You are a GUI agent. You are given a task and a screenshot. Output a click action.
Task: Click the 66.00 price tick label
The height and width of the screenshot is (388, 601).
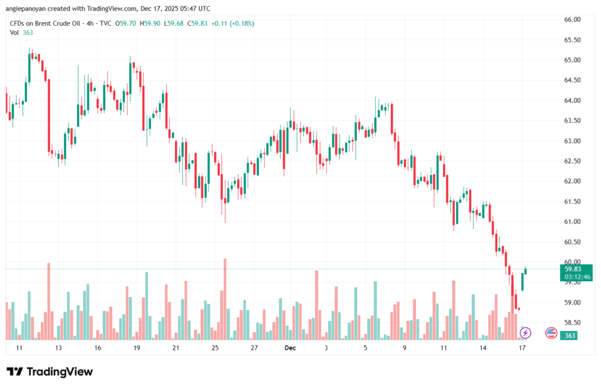[x=572, y=19]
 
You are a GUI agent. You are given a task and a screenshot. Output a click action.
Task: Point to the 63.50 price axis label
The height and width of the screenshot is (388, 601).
[x=572, y=120]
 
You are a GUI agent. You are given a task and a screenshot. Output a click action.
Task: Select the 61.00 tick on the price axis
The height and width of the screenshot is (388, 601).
[x=572, y=221]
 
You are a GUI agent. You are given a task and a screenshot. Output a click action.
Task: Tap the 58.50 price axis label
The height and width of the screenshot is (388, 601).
[x=572, y=322]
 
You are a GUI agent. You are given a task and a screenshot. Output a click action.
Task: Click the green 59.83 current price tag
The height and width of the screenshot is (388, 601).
[x=573, y=269]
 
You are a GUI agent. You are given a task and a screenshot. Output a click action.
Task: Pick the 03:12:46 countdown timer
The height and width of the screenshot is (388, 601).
[x=573, y=276]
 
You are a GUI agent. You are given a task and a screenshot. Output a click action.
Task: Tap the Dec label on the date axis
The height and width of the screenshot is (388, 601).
[x=289, y=348]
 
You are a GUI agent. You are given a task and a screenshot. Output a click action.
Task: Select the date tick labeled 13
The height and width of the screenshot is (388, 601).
[x=58, y=348]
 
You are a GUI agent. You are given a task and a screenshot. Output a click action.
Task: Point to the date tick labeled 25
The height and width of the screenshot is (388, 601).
[x=215, y=348]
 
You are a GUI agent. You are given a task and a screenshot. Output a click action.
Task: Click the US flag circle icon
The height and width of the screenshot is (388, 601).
[x=551, y=333]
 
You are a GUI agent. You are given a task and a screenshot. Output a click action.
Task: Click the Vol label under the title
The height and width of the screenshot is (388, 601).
[x=14, y=33]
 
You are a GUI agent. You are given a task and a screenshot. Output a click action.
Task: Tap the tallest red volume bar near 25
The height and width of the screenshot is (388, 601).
[x=224, y=299]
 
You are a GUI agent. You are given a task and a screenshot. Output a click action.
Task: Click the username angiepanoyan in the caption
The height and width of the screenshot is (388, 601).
[x=27, y=9]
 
